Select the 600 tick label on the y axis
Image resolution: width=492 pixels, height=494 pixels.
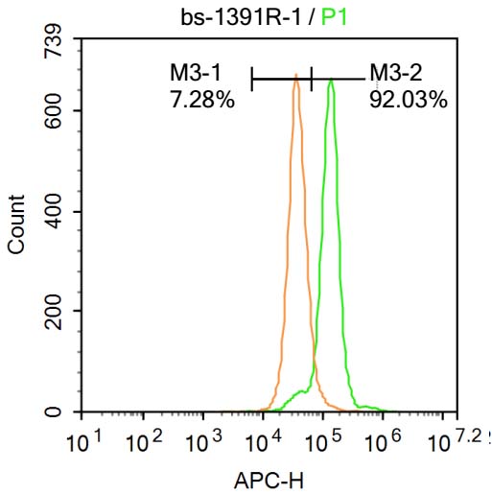(54, 111)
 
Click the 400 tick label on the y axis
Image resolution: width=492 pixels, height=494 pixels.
(54, 212)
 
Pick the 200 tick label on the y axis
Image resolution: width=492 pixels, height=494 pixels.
(54, 312)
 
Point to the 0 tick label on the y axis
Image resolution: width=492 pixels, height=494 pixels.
(54, 412)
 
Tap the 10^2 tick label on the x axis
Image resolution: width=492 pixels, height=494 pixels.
(143, 443)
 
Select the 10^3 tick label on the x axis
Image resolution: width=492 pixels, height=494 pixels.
(202, 443)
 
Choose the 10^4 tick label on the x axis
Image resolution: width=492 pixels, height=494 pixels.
(262, 443)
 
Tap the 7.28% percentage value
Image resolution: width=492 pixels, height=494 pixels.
(201, 99)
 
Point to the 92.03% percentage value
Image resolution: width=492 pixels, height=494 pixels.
(408, 99)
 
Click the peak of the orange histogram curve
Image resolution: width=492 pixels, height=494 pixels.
(296, 75)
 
